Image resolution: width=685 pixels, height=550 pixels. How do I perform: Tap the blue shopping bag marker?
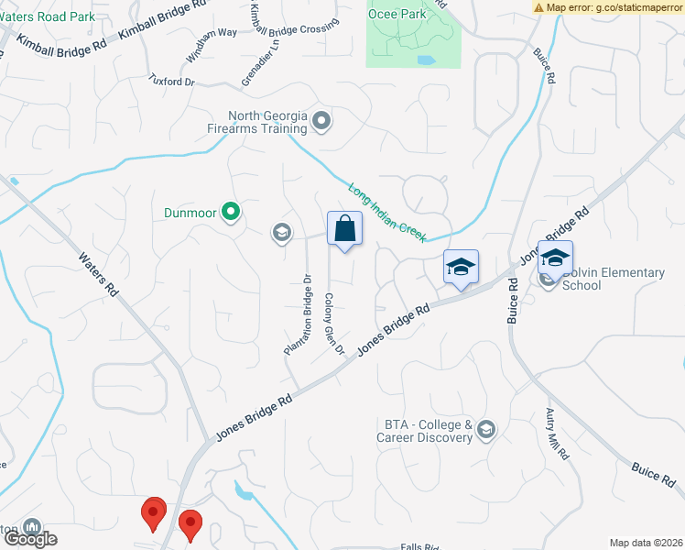344,230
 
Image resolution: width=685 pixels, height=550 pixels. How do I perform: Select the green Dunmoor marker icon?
231,213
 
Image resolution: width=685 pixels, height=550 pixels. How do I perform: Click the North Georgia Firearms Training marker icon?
321,120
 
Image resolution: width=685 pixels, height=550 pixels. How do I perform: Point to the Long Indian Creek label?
386,213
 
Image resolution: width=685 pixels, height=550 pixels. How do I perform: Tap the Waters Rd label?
98,274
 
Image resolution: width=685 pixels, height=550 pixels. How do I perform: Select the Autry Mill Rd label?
558,434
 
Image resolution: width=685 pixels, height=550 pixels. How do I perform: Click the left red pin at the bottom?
153,512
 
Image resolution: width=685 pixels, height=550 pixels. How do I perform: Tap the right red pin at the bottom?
190,524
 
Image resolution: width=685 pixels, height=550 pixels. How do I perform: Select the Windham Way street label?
199,45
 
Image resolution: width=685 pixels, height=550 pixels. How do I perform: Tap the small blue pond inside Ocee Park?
426,60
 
